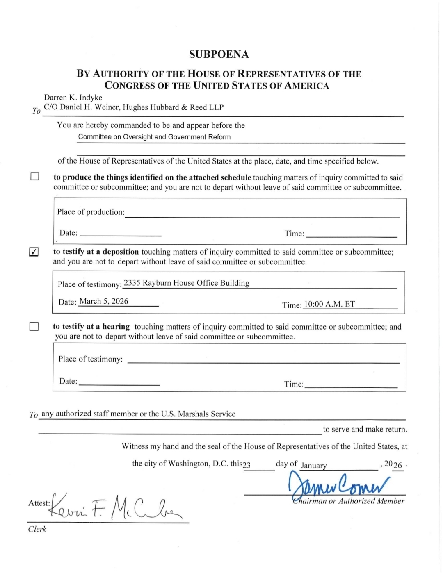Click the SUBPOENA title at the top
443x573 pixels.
(x=219, y=55)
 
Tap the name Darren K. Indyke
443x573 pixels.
(x=73, y=98)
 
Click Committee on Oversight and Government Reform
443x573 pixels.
(x=154, y=137)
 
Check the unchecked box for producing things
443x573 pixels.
(x=35, y=177)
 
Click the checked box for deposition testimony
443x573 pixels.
(x=34, y=252)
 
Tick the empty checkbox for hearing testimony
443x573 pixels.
(x=34, y=326)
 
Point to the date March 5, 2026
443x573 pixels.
(x=104, y=301)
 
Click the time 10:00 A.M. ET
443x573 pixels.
(x=329, y=304)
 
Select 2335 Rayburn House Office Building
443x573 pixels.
(x=187, y=283)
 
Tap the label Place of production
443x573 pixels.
(x=91, y=212)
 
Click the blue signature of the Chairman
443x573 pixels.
(x=338, y=485)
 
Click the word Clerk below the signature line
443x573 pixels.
(x=37, y=529)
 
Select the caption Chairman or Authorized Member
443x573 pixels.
(x=348, y=501)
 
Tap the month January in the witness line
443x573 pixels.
(x=314, y=466)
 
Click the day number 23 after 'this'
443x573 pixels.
(x=247, y=465)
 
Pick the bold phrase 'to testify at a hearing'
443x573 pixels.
(x=91, y=327)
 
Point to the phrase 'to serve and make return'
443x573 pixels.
(x=365, y=430)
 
